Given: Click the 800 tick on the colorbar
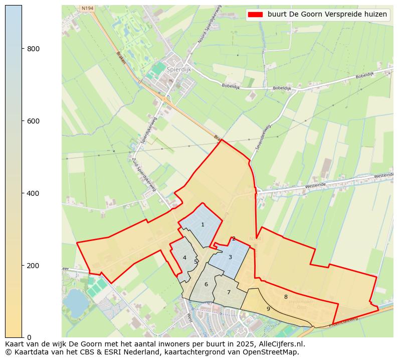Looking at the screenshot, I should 22,49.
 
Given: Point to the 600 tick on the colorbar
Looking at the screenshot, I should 22,121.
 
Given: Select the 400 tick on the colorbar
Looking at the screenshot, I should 22,193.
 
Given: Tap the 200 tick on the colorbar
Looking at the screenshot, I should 22,265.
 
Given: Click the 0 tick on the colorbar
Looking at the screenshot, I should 22,337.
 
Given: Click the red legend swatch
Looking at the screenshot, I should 255,15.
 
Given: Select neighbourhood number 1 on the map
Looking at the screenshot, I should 203,225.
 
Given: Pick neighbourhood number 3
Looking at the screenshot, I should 230,258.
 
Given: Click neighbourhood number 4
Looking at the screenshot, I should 184,258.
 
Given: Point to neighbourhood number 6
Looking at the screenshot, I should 206,285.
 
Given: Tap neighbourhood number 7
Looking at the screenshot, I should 229,293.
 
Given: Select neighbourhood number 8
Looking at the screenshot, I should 286,297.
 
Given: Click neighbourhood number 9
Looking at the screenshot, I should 268,309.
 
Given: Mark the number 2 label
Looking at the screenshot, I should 234,239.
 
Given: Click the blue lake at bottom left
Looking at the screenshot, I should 75,300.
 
